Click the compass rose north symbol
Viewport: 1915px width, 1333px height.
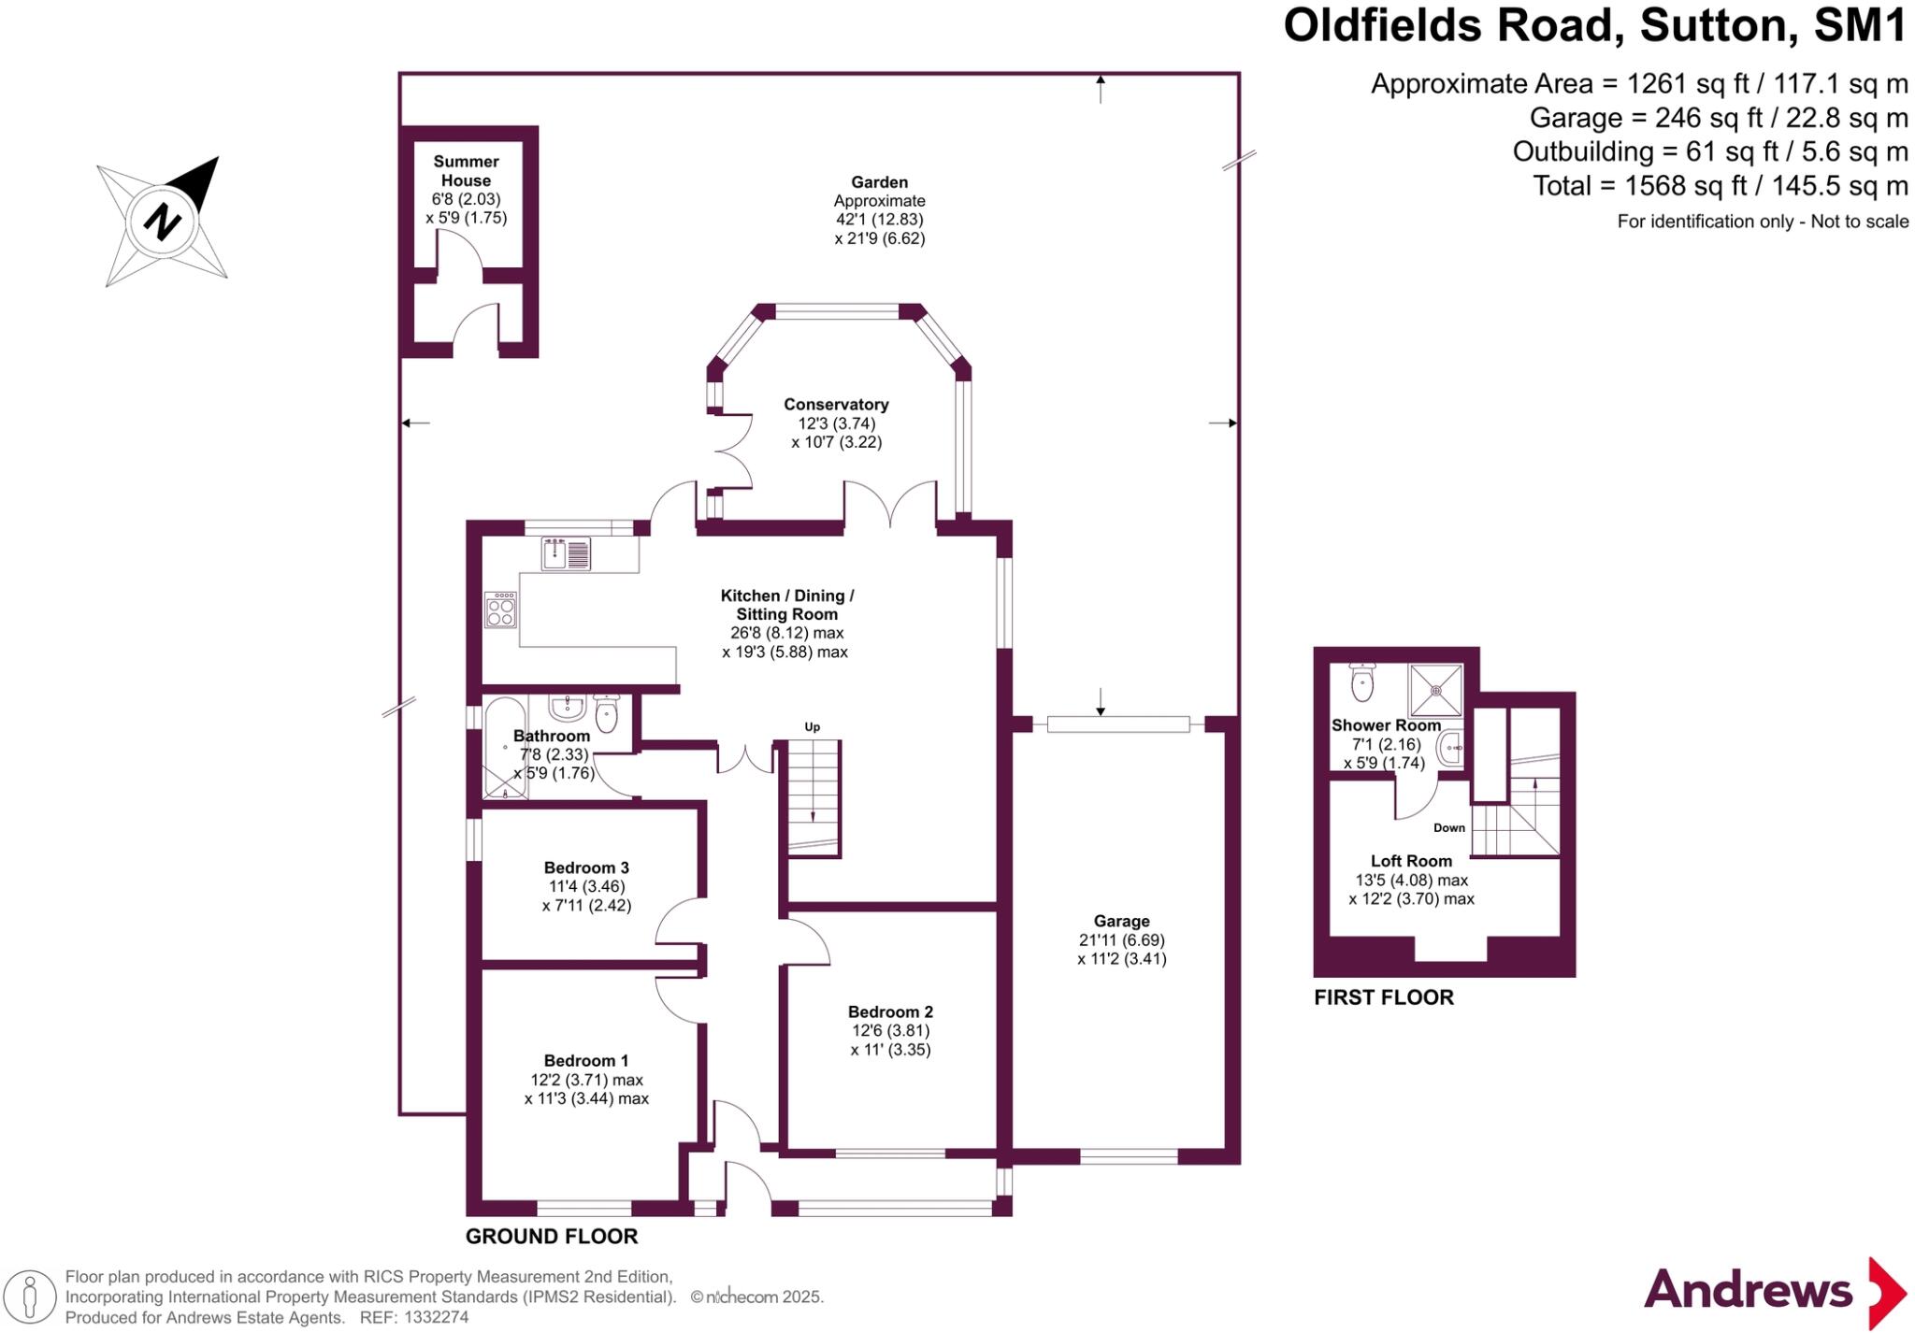click(164, 222)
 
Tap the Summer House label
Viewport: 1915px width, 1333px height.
click(466, 171)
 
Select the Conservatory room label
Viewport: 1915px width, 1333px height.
click(836, 405)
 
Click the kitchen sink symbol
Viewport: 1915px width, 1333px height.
click(566, 554)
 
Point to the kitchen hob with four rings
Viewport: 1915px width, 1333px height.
click(500, 609)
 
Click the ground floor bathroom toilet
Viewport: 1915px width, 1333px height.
click(607, 715)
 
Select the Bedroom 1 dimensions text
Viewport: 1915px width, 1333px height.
click(586, 1089)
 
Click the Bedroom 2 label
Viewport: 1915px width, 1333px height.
click(890, 1011)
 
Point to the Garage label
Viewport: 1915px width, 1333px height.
click(1121, 921)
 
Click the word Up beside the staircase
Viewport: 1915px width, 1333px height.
click(813, 726)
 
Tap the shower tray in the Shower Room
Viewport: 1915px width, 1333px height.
click(1435, 690)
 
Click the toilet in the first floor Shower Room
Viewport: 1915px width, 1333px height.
click(1362, 682)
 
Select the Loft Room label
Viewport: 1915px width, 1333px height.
click(1411, 861)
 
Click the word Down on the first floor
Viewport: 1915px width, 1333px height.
click(1449, 827)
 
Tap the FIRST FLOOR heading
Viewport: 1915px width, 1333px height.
click(1384, 997)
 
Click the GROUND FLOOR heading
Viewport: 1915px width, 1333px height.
click(552, 1236)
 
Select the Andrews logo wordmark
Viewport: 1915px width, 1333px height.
click(1748, 1291)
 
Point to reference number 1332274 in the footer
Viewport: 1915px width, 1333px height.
click(437, 1317)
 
